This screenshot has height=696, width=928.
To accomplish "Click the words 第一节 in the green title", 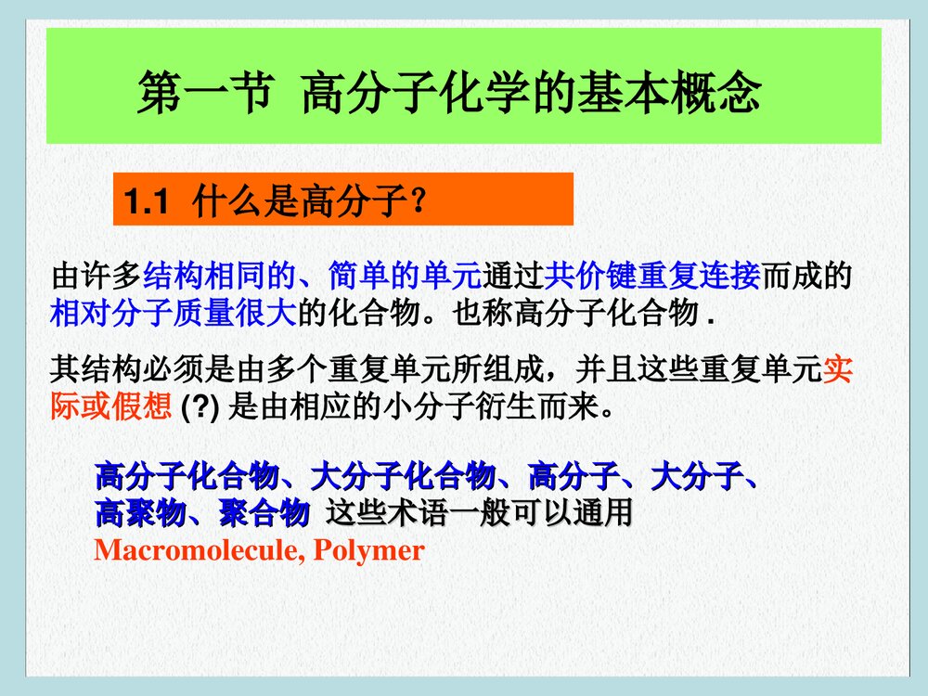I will pos(204,94).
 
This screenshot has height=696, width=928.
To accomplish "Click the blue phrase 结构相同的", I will pos(219,277).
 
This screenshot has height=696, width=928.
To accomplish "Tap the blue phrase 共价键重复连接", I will pos(652,277).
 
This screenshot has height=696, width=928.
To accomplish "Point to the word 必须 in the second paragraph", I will pos(173,371).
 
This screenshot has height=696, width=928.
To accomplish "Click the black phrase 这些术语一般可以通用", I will pos(479,512).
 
